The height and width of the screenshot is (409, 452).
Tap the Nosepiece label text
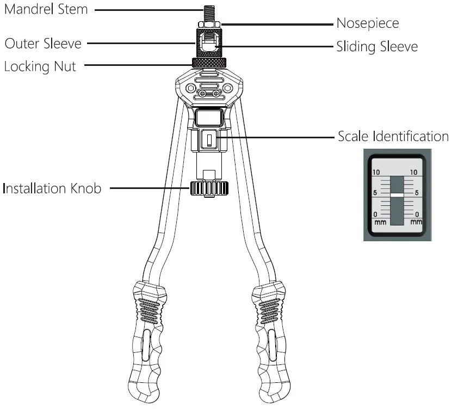coord(368,23)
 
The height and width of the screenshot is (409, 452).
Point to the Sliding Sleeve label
coord(377,47)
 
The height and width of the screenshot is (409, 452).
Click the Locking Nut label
coord(40,66)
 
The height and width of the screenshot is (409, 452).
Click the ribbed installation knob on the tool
coord(208,189)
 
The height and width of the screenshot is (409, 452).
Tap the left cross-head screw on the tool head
coord(202,94)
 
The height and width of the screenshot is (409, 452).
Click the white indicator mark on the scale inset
coord(397,194)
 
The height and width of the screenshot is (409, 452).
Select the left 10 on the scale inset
coord(375,172)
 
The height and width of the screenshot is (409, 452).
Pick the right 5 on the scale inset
coord(417,193)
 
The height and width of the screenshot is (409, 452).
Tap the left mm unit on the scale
coord(379,222)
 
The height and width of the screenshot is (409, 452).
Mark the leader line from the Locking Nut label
coord(136,65)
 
